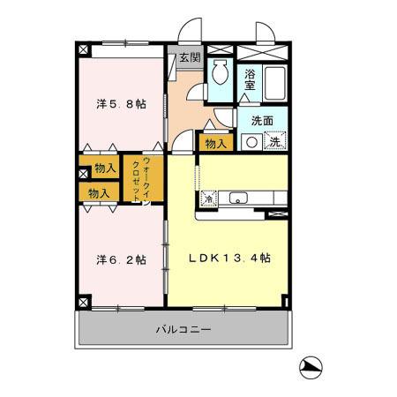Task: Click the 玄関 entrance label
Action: (x=190, y=57)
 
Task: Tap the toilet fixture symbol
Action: (x=220, y=72)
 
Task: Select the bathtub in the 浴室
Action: (x=274, y=83)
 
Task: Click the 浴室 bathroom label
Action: (x=250, y=79)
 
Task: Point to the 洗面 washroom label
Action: (x=262, y=121)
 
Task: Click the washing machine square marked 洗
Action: (x=275, y=142)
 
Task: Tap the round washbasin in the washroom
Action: (x=251, y=142)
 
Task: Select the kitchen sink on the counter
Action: (x=238, y=198)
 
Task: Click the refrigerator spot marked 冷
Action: (x=208, y=198)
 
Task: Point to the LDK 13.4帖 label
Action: (x=229, y=258)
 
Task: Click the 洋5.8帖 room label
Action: (x=121, y=104)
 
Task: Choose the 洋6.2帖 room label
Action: (x=121, y=260)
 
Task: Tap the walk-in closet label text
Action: (x=142, y=179)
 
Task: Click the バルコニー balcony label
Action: (x=184, y=329)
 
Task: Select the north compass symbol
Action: (x=311, y=368)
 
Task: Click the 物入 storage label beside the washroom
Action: (x=216, y=144)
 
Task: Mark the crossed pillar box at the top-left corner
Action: (x=84, y=49)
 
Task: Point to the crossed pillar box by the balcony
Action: (x=84, y=303)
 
